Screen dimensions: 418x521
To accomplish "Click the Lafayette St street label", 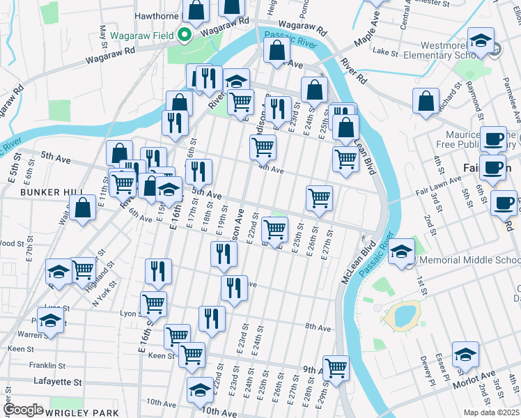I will coord(58,382).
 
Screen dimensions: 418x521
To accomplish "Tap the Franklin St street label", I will coord(47,365).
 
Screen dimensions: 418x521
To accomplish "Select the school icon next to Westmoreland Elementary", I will coord(481,40).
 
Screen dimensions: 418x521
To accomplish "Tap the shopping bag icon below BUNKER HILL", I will coord(82,208).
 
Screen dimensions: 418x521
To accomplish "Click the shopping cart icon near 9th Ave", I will coord(336,368).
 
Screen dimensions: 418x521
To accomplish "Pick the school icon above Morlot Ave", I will coord(465,355).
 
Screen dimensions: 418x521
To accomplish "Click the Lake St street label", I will coord(385,52).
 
